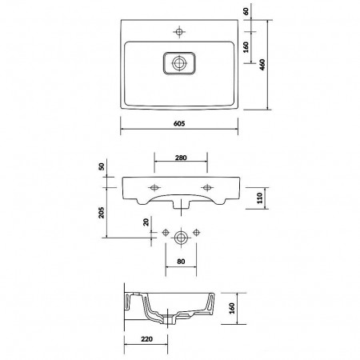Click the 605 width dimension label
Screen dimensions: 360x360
(179, 123)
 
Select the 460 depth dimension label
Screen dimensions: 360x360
(262, 65)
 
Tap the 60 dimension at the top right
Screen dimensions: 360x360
(246, 11)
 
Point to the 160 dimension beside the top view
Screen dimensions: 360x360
(246, 47)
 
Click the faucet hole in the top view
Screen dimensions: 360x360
(179, 32)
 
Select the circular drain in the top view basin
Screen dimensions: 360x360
(179, 63)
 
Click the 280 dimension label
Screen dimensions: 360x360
(181, 158)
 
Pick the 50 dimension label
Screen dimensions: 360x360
(102, 166)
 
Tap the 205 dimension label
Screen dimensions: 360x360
(102, 213)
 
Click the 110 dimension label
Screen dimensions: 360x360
(260, 198)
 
